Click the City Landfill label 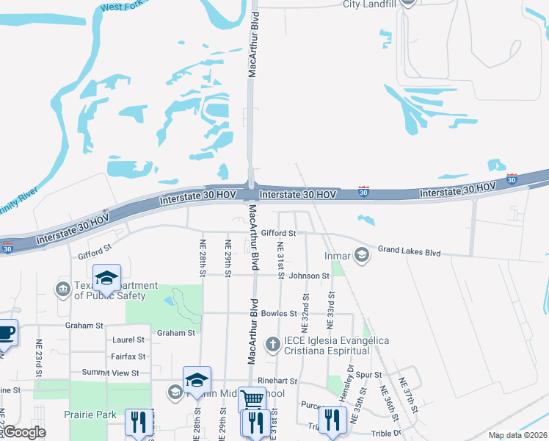(x=371, y=4)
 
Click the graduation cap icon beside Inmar (x=361, y=255)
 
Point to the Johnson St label (x=309, y=276)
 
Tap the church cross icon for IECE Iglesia (x=272, y=343)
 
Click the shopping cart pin (x=252, y=400)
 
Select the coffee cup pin (x=6, y=332)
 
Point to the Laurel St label (x=129, y=340)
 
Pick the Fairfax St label (x=128, y=356)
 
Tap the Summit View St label (x=110, y=373)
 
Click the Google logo (x=23, y=432)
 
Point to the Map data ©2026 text (x=517, y=435)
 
